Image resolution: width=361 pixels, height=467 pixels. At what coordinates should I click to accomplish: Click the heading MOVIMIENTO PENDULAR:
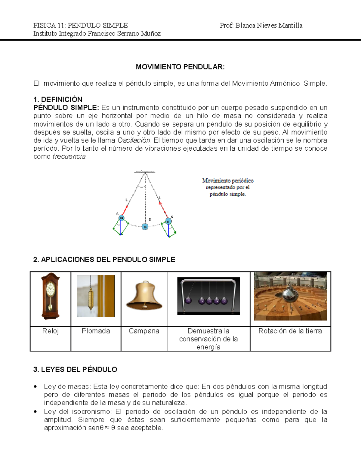click(x=180, y=67)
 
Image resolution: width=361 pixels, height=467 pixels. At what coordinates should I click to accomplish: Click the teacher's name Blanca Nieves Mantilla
click(x=269, y=26)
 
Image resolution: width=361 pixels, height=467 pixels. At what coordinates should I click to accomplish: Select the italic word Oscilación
click(x=134, y=140)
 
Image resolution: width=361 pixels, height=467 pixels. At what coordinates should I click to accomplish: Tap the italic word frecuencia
click(x=69, y=157)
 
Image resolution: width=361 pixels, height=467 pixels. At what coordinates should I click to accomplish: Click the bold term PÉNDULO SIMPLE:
click(x=66, y=108)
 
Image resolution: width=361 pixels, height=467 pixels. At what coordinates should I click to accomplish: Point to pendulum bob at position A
click(x=121, y=218)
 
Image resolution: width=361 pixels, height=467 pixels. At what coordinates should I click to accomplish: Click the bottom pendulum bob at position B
click(x=145, y=227)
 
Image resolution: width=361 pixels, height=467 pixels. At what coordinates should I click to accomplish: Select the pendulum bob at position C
click(x=168, y=222)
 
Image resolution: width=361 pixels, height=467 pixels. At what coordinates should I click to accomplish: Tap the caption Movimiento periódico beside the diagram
click(x=228, y=181)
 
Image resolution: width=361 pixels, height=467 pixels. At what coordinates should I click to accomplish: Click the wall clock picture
click(x=50, y=296)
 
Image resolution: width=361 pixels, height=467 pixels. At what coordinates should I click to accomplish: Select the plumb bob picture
click(x=96, y=296)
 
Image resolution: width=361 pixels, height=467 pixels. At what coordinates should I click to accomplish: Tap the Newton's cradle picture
click(x=208, y=296)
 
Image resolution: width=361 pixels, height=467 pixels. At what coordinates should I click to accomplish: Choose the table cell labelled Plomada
click(x=96, y=331)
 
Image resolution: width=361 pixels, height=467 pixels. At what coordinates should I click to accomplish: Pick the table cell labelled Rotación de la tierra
click(x=290, y=331)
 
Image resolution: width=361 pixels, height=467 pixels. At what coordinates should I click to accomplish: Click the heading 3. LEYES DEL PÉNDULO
click(x=75, y=370)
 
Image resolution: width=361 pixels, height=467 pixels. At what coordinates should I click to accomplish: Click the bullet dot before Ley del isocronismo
click(x=35, y=412)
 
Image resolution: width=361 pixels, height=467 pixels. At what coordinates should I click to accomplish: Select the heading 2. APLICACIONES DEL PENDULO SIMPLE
click(x=104, y=260)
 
